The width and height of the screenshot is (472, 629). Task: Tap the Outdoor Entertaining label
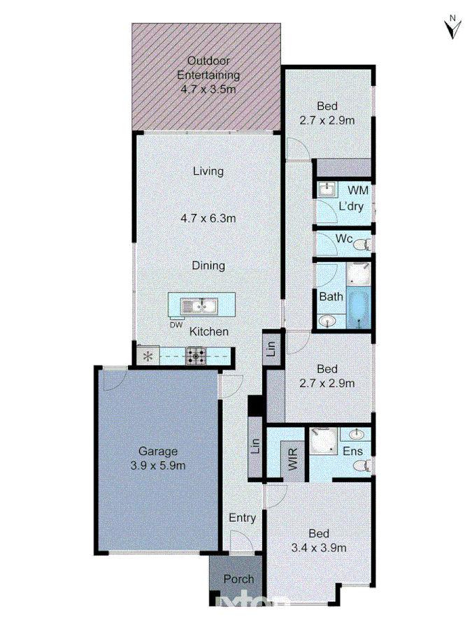[208, 75]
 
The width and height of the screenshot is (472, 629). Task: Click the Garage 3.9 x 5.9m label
[157, 458]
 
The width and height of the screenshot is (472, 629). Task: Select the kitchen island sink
[199, 305]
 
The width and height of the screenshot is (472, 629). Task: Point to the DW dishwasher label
[176, 324]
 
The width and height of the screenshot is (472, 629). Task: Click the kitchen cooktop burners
[195, 356]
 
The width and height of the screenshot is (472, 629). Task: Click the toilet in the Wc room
[362, 245]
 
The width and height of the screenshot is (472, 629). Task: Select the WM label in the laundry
[358, 190]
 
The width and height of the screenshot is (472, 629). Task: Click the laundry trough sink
[327, 190]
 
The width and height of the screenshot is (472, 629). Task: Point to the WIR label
[294, 459]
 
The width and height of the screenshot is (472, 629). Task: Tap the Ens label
[352, 451]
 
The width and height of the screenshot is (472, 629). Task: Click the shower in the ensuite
[324, 444]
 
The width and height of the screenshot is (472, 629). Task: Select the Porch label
[238, 579]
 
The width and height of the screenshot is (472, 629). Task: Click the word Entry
[243, 518]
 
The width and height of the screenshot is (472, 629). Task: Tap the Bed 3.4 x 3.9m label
[318, 541]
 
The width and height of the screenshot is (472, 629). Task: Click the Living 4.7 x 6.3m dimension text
[208, 218]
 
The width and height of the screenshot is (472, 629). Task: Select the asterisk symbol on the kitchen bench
[148, 356]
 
